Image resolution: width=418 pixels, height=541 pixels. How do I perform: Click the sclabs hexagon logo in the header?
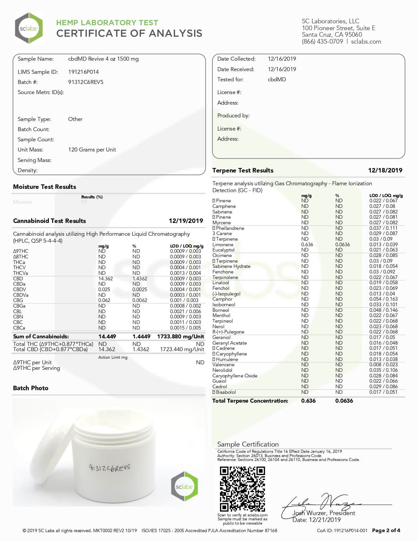(29, 28)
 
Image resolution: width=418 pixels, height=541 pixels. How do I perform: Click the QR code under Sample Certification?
(242, 489)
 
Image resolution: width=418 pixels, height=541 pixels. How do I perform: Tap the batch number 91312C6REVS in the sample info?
(86, 82)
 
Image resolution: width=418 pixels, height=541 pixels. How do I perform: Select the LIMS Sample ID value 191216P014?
(83, 72)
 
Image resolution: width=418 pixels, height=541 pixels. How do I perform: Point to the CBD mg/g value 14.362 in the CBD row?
(106, 279)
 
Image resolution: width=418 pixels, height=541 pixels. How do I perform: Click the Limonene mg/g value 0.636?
(307, 245)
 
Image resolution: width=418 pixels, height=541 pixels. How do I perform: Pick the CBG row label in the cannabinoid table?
(18, 300)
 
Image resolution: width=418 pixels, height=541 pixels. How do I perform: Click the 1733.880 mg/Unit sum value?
(180, 336)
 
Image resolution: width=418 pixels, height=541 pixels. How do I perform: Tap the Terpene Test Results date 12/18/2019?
(385, 170)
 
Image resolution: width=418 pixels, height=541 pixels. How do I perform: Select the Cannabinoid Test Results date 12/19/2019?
(186, 221)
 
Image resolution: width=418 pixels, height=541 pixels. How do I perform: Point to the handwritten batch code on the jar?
(109, 468)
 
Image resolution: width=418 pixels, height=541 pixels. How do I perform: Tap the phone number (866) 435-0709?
(322, 42)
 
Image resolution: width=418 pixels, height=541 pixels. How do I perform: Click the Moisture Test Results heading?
(45, 187)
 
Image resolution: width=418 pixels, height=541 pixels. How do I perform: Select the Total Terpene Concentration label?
(250, 401)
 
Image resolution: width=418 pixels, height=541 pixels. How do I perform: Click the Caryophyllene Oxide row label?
(235, 376)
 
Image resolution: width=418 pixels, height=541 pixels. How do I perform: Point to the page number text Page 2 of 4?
(386, 530)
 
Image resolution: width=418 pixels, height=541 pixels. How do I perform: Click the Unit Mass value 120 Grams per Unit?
(92, 150)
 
